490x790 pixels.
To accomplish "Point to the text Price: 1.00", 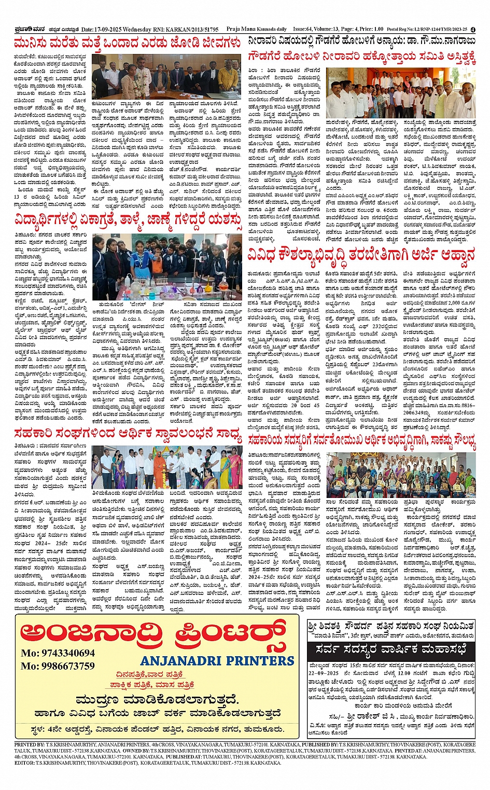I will coord(371,30).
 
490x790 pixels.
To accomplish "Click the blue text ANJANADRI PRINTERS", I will coord(217,661).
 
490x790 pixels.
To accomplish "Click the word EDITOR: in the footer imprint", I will coord(24,763).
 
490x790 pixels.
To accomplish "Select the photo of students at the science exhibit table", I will coord(166,266).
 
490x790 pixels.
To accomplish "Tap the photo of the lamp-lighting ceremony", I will coord(166,466).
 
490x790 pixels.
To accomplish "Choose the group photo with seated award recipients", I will coord(401,474).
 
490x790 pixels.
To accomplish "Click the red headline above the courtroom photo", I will coord(127,43).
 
